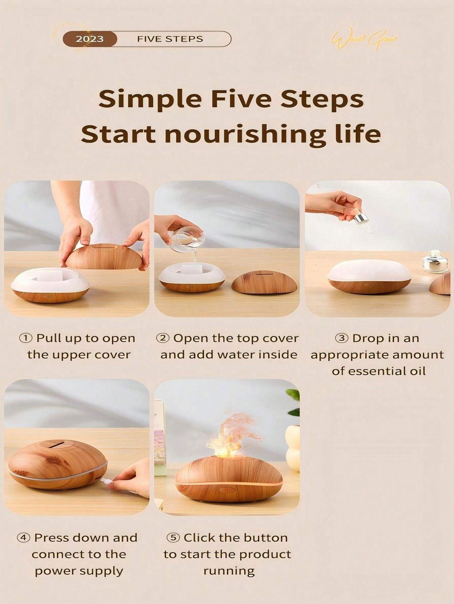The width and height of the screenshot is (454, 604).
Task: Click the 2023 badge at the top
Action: pos(89,39)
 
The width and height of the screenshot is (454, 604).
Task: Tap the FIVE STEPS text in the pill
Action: pos(170,39)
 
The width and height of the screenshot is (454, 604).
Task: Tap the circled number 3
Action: pos(342,338)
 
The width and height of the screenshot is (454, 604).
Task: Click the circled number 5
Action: pos(173,537)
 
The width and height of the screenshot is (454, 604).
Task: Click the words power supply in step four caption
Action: pos(79,571)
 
